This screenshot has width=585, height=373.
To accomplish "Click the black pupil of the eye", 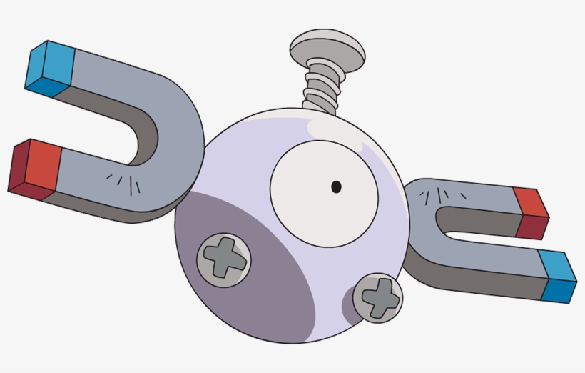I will click(x=336, y=187).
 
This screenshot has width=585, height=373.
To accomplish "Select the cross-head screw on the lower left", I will click(x=223, y=257).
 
